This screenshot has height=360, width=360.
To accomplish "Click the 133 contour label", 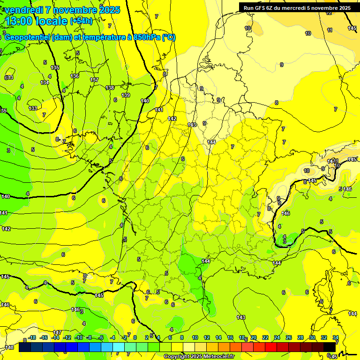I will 33,108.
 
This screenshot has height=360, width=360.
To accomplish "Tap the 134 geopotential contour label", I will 45,82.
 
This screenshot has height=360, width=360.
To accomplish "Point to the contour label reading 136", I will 75,76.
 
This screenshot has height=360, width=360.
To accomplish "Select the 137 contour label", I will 94,80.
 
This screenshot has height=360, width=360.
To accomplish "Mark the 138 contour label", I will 110,88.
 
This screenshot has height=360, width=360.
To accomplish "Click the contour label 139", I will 126,96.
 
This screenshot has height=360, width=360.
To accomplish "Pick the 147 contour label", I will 57,332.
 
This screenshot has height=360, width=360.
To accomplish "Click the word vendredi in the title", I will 23,10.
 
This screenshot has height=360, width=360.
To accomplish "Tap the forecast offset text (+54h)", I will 81,21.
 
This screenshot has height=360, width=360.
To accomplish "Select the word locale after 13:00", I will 52,21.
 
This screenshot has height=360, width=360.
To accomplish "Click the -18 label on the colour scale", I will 32,337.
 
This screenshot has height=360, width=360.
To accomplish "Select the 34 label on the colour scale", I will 336,337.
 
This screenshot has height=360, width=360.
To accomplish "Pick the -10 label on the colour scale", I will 79,337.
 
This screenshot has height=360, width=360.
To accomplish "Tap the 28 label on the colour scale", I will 300,337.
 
